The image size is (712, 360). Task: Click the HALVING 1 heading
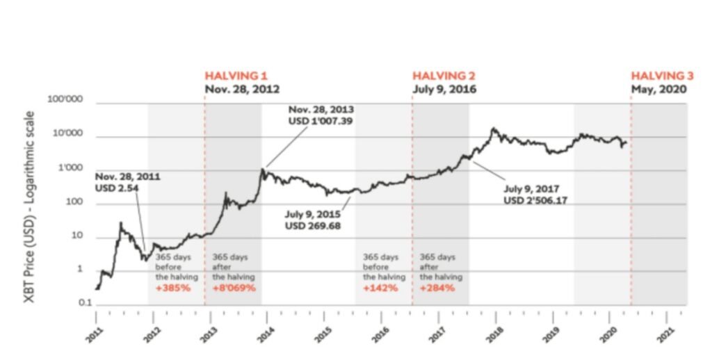pyautogui.click(x=236, y=76)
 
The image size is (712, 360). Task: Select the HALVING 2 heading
pyautogui.click(x=444, y=76)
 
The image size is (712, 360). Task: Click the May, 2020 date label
pyautogui.click(x=658, y=90)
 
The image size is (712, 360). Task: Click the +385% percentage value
pyautogui.click(x=173, y=287)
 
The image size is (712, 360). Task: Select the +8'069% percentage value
pyautogui.click(x=234, y=287)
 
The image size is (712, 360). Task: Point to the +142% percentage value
pyautogui.click(x=380, y=287)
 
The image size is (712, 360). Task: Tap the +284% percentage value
pyautogui.click(x=437, y=287)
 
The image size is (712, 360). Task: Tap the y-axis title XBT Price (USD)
pyautogui.click(x=31, y=205)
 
